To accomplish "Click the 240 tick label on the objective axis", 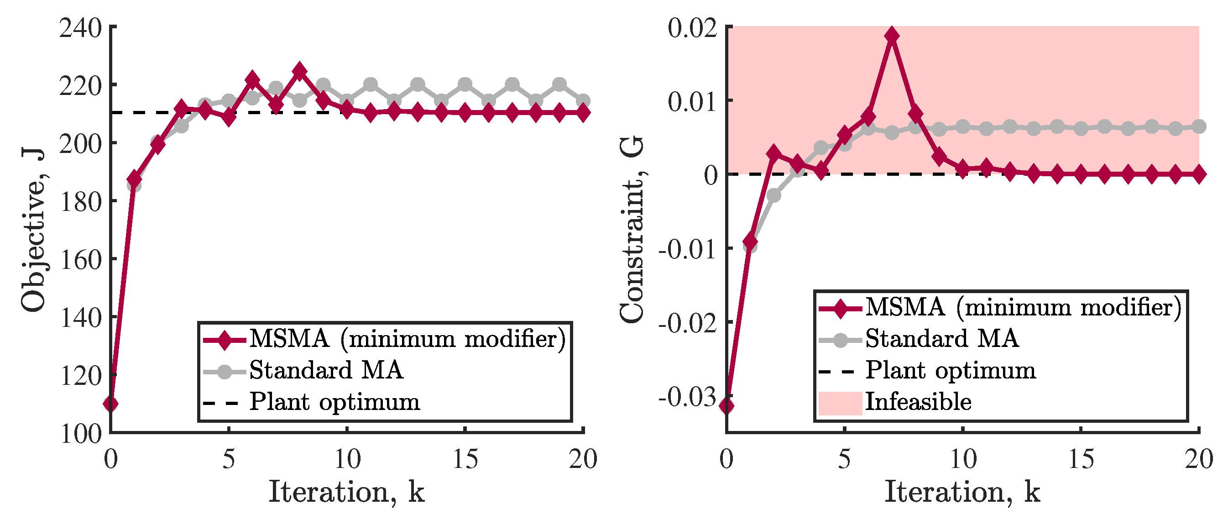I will [x=81, y=29].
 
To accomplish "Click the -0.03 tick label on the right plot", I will [x=687, y=397].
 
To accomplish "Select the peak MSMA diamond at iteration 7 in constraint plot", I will [x=891, y=36].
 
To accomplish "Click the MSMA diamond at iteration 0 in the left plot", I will [x=111, y=404].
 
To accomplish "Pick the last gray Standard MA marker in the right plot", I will [x=1198, y=127].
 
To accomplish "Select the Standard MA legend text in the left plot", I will [x=326, y=370].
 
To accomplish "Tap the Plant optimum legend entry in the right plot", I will [x=951, y=370].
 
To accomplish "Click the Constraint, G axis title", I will [x=632, y=229].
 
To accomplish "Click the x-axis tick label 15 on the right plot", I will [x=1081, y=459].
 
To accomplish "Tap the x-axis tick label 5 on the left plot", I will [x=229, y=459].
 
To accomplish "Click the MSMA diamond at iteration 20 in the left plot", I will [x=583, y=113].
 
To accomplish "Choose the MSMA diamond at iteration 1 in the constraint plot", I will [x=750, y=242].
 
